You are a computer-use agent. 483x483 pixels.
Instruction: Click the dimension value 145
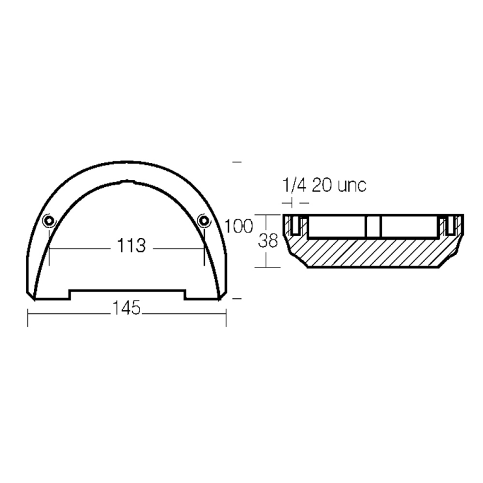click(126, 309)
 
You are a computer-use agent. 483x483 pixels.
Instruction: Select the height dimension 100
click(237, 227)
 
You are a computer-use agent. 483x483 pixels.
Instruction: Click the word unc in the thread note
click(350, 185)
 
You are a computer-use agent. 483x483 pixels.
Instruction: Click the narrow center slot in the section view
click(373, 226)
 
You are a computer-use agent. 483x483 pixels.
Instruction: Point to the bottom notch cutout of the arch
click(127, 294)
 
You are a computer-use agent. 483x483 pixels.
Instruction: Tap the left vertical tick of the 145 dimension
click(28, 318)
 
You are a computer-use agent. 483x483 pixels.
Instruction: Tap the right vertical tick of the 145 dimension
click(225, 318)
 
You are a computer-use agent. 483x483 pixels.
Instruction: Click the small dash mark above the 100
click(237, 162)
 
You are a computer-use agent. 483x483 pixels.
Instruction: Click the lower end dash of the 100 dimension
click(237, 298)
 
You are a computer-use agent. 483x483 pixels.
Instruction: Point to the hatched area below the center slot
click(373, 252)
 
